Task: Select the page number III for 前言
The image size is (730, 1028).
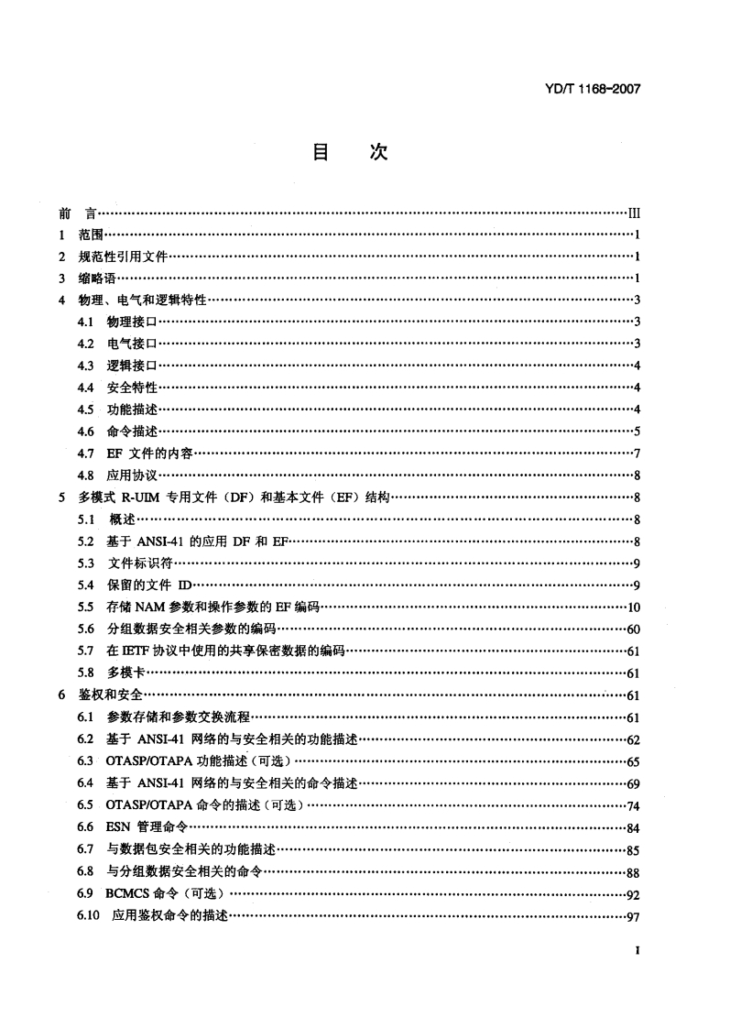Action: click(632, 213)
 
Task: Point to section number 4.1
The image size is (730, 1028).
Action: click(87, 321)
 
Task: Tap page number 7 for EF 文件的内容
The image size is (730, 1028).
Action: click(636, 454)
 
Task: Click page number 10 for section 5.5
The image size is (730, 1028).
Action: click(632, 607)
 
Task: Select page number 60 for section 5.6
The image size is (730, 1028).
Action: click(632, 629)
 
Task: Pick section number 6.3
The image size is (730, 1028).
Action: click(87, 760)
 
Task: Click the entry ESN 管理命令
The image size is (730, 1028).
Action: click(139, 826)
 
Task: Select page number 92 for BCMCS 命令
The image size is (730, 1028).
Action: click(632, 893)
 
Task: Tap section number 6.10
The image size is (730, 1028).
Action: click(90, 914)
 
